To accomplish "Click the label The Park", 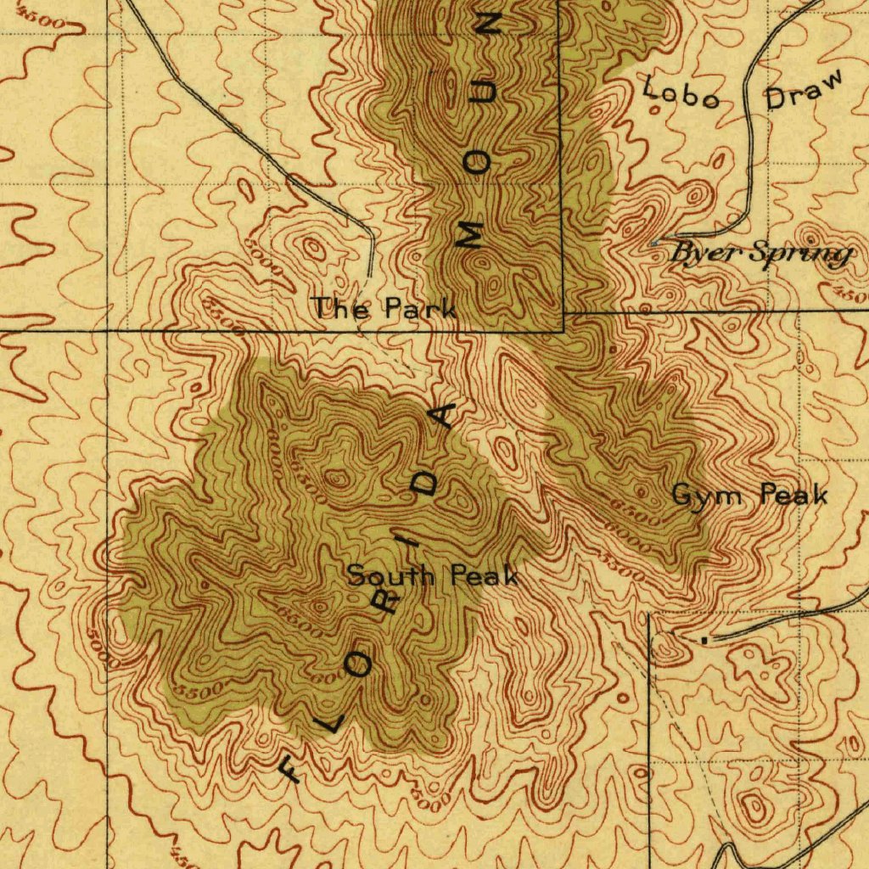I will pos(384,308).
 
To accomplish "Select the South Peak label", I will pos(433,576).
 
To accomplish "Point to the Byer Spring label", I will pos(760,253).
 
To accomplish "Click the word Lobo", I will pos(681,93).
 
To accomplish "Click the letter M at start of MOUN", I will pos(469,233).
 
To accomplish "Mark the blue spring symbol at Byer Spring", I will pos(653,244).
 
